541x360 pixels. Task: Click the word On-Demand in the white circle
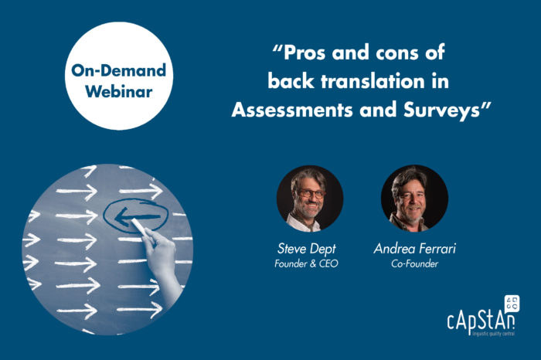tap(119, 70)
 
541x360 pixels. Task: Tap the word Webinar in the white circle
tap(119, 91)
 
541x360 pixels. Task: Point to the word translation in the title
tap(373, 81)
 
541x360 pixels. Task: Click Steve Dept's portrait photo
tap(309, 199)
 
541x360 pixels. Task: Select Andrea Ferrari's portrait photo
tap(414, 199)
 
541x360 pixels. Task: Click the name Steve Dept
tap(306, 249)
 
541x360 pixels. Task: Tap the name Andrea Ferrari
tap(414, 248)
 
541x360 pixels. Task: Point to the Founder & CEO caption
tap(306, 263)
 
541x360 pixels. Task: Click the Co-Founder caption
tap(414, 263)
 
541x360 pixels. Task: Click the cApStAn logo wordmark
tap(481, 321)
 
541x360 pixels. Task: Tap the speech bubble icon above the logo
tap(512, 303)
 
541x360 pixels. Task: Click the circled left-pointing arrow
tap(135, 216)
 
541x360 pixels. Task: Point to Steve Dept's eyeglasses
tap(310, 194)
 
